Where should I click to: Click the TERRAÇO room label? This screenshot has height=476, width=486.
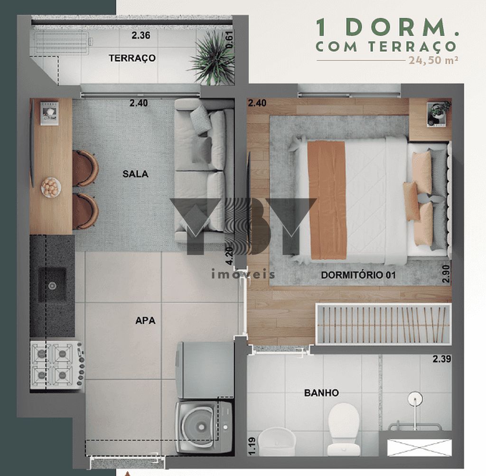coord(132,58)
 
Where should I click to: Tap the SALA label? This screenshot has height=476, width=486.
coord(135,174)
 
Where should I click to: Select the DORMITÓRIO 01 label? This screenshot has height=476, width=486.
coord(358,275)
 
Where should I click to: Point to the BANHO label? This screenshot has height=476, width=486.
coord(321,393)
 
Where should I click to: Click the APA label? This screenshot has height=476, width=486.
coord(145,320)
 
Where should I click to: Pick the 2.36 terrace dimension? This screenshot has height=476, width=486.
coord(140,35)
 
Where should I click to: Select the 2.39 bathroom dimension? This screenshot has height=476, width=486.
coord(442,359)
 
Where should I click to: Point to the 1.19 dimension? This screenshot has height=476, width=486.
coord(252,446)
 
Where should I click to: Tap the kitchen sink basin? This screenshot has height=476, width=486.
coord(52,285)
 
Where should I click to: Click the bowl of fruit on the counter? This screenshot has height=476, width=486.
coord(51,187)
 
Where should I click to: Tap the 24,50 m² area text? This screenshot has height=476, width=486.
coord(433,60)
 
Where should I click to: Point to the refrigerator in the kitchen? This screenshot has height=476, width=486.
coord(205,370)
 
